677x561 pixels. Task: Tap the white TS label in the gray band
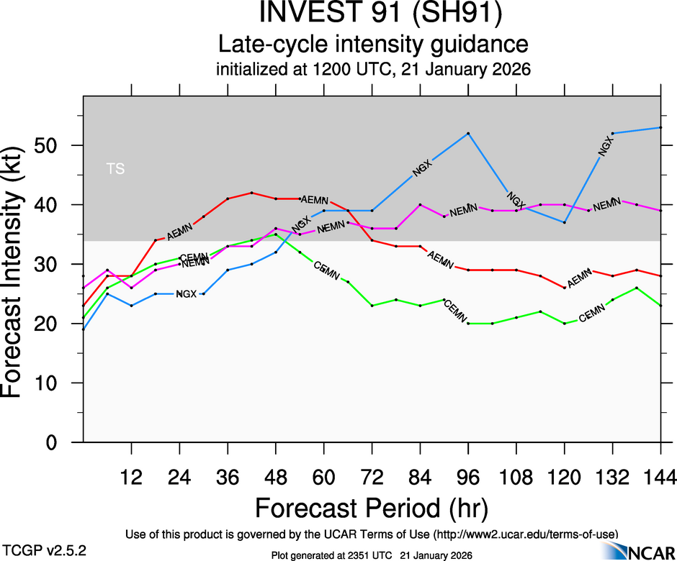(115, 169)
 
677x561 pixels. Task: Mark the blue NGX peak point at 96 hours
(468, 133)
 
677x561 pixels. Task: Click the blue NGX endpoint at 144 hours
(660, 127)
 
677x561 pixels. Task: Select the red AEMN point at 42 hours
(251, 193)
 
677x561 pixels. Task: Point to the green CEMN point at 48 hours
(276, 234)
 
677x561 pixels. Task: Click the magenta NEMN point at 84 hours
(420, 205)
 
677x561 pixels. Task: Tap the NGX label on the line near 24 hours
(186, 294)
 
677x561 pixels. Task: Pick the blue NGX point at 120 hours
(565, 222)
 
